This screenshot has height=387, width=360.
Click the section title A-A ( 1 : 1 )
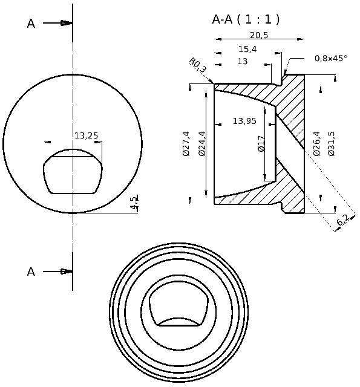(246, 19)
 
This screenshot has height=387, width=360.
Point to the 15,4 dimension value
(247, 49)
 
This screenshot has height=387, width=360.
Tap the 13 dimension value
(242, 62)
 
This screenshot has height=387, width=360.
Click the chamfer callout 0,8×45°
(330, 59)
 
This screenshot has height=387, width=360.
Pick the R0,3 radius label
(197, 65)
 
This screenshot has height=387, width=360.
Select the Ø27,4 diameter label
(186, 144)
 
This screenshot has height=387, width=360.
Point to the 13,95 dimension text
(244, 122)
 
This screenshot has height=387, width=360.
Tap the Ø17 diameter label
(262, 143)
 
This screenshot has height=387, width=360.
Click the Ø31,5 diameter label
(331, 144)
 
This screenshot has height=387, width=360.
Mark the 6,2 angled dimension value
(342, 221)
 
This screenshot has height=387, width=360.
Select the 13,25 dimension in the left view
(86, 135)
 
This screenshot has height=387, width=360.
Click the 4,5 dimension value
(134, 202)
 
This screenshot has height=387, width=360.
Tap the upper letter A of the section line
(31, 24)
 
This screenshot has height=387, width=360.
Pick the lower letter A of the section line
(31, 272)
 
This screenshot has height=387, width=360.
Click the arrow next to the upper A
(66, 23)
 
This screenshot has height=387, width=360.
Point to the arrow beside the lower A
(66, 272)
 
